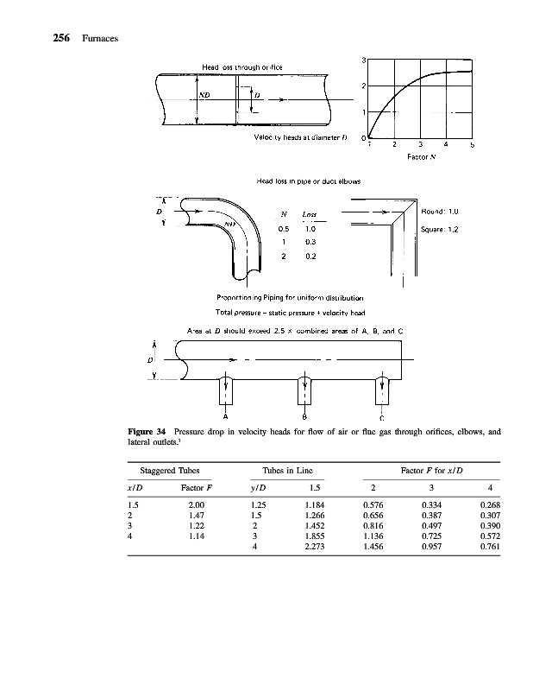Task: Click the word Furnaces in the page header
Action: (99, 39)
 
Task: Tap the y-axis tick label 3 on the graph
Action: (365, 59)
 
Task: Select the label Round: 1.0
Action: (440, 212)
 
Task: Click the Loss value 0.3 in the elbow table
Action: (309, 243)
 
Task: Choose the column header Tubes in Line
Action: (286, 470)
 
